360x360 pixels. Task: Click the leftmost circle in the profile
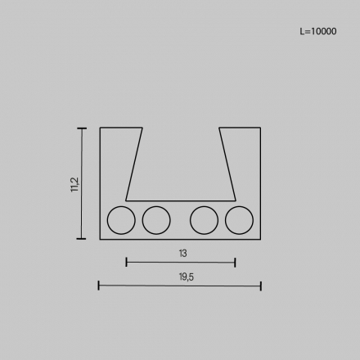pos(121,219)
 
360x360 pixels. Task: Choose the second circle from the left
pos(155,219)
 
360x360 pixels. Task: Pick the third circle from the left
pos(204,219)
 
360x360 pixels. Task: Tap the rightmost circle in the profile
pos(239,219)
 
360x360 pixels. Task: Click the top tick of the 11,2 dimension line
pos(82,128)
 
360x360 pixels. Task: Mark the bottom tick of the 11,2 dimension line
pos(82,238)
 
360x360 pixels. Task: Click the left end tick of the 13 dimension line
pos(126,262)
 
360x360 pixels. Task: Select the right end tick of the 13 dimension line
pos(235,262)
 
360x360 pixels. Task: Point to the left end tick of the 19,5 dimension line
pos(99,286)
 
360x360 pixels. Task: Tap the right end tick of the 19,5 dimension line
pos(260,286)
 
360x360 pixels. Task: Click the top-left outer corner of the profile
pos(100,128)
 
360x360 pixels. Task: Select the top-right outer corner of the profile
pos(260,128)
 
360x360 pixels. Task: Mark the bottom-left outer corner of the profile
pos(100,239)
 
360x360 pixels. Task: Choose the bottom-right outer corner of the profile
pos(260,239)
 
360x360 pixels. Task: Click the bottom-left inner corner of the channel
pos(126,200)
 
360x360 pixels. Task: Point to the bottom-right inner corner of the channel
pos(235,200)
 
